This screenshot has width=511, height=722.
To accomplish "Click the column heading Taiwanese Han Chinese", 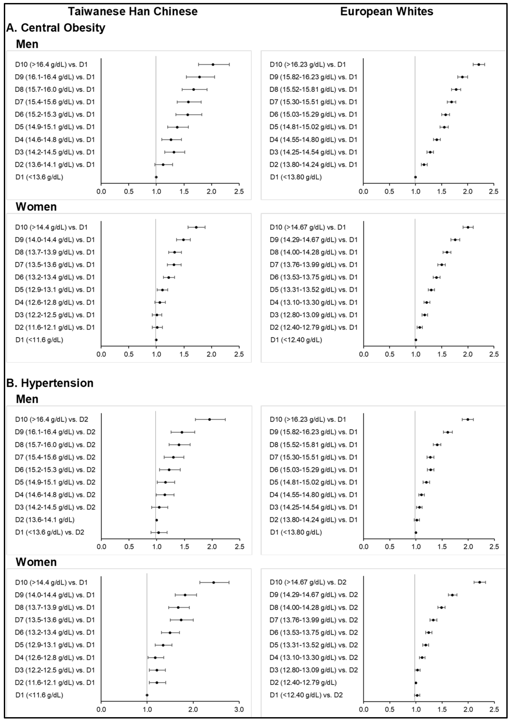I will [x=133, y=12].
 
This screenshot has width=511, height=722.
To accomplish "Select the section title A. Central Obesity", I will [x=56, y=28].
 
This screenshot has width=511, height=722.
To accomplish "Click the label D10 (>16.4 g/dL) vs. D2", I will [x=52, y=419].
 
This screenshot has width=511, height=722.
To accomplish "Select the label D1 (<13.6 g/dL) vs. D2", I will [x=50, y=532].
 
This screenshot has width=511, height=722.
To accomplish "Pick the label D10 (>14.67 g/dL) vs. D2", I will [x=308, y=582].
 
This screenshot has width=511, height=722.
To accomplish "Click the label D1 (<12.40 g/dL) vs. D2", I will [x=306, y=695].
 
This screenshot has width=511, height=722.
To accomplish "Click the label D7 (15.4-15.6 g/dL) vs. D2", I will [x=55, y=457].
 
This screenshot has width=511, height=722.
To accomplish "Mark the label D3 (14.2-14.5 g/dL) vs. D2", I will [x=55, y=507].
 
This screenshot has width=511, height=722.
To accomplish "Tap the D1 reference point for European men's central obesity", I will [x=415, y=177].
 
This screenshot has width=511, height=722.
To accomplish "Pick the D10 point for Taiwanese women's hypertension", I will [x=214, y=582].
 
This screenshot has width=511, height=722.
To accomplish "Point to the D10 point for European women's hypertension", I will [x=480, y=582].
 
